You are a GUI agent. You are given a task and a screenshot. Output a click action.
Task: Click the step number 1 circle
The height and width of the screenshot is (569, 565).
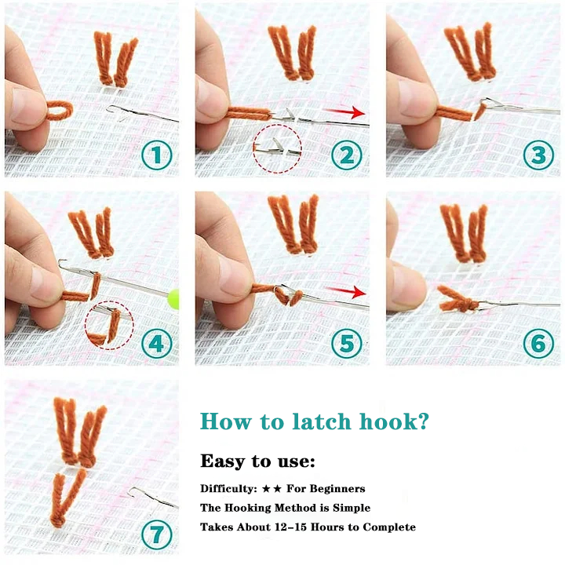tap(157, 155)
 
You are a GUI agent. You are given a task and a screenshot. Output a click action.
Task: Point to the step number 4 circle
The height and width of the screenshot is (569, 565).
tap(157, 344)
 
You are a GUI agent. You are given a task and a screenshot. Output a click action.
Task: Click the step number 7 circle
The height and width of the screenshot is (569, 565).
tap(157, 535)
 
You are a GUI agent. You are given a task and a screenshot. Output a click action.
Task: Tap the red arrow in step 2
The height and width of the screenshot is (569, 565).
tap(348, 112)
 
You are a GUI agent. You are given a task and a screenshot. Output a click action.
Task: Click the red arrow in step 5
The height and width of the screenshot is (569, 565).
tap(348, 293)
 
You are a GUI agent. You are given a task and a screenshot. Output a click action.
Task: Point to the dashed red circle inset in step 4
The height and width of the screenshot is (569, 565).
tap(109, 324)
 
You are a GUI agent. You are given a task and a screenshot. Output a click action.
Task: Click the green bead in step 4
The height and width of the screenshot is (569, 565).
tap(173, 297)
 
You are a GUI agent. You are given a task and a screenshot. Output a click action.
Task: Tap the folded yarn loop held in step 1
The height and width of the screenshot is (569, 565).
tap(58, 111)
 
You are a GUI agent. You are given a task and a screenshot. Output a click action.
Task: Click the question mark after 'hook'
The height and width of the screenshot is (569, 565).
tap(424, 421)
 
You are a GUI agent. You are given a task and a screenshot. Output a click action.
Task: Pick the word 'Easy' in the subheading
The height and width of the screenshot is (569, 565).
tap(223, 461)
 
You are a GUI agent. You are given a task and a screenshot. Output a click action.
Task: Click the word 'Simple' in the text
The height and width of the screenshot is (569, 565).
tap(348, 508)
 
